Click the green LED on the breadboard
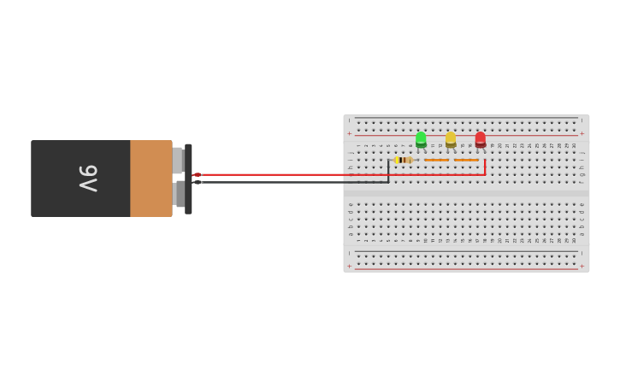click(421, 138)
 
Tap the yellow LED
click(451, 138)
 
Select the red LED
click(481, 138)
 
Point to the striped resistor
click(404, 160)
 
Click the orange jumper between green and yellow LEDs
click(436, 160)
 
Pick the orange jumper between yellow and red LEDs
click(466, 160)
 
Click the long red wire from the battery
click(342, 174)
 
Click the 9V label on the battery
click(88, 178)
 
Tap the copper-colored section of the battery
click(151, 178)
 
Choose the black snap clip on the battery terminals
click(188, 178)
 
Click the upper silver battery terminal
click(178, 160)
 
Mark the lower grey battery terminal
click(179, 195)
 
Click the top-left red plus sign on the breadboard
click(349, 133)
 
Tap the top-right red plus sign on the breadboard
click(582, 133)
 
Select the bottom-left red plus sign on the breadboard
click(349, 266)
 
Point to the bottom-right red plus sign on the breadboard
click(582, 266)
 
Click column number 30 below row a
click(574, 240)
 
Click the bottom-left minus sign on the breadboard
click(349, 254)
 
